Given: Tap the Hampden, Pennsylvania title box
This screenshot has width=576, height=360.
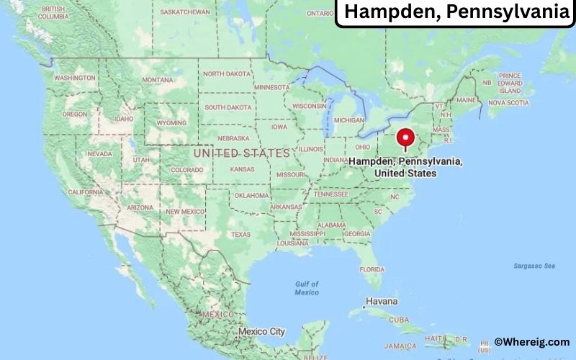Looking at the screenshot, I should pos(456,13).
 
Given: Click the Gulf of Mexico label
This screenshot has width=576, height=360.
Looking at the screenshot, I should pos(307,288).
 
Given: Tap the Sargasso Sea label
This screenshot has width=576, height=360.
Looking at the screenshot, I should pos(534,266).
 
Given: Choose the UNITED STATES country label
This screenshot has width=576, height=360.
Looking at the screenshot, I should pos(241,153).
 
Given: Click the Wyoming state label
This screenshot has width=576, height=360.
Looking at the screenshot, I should pos(171,122).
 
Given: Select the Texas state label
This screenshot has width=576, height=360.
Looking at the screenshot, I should pos(240,234).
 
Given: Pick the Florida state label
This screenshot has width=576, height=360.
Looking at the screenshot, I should pos(372,269).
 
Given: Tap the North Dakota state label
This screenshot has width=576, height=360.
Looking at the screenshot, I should pos(228,73).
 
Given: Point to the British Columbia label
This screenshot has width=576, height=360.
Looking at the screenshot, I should pos(53,12).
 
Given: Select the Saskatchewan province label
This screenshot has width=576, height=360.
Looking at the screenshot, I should pos(184,12).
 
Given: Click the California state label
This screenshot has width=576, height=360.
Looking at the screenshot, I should pos(85,192).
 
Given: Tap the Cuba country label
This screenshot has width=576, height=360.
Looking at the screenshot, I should pos(398,320).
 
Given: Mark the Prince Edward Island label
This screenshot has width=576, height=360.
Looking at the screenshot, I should pos(509,83).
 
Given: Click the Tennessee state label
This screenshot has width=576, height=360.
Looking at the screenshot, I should pos(331,194).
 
